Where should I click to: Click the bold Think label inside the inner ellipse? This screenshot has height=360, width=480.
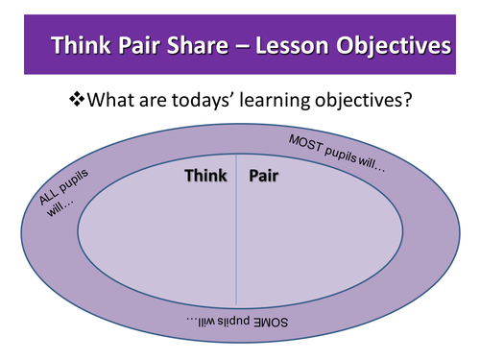[x=205, y=177]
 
